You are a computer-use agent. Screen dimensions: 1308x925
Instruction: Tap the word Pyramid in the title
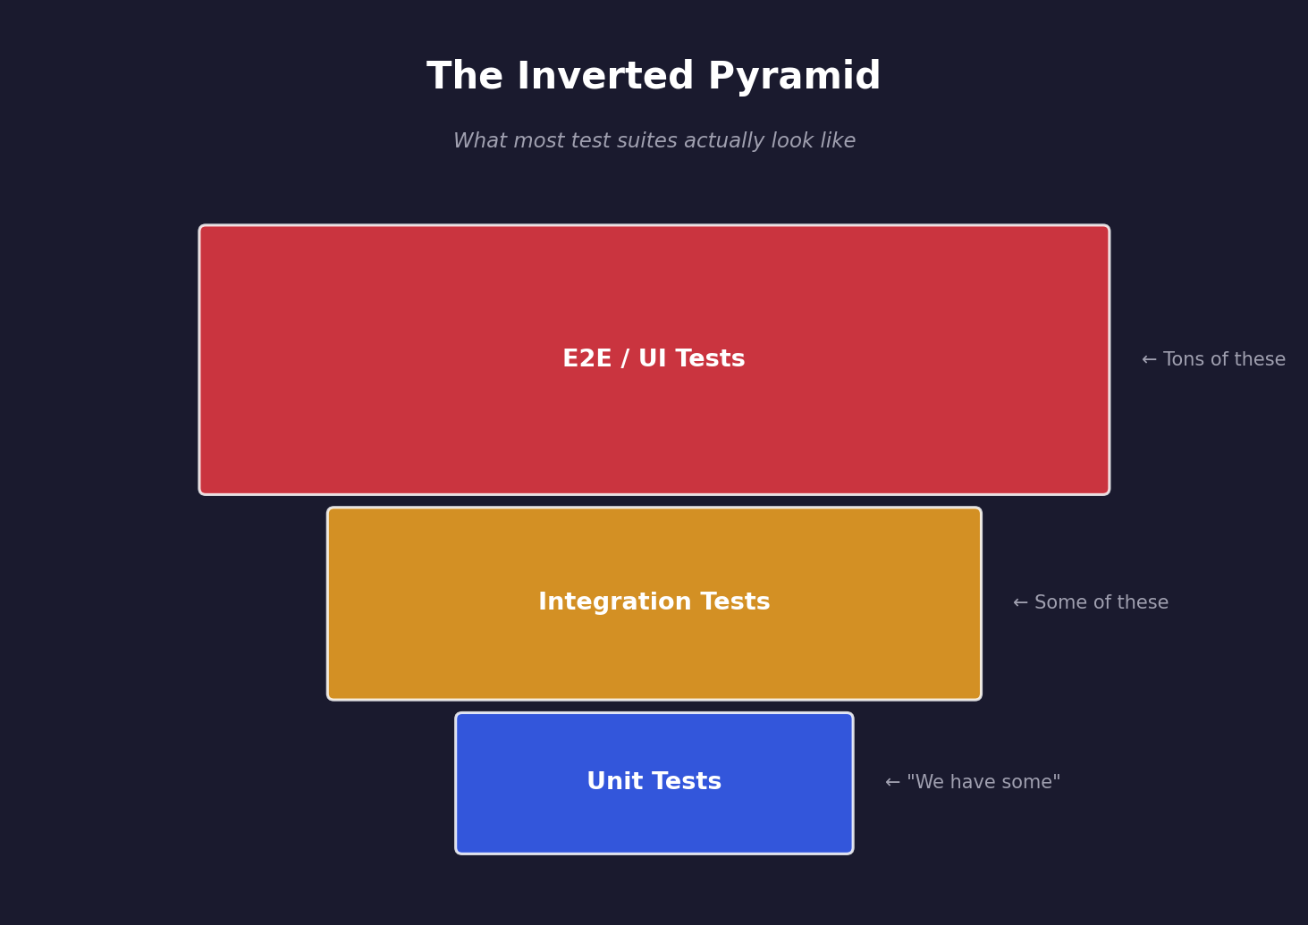[794, 77]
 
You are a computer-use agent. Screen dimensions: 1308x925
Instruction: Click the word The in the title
[465, 77]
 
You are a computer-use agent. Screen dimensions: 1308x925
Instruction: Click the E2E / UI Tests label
[654, 359]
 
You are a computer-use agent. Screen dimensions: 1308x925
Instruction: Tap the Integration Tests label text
[654, 602]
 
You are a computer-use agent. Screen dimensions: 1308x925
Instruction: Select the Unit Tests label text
[654, 782]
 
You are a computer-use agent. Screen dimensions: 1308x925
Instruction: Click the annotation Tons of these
[1224, 360]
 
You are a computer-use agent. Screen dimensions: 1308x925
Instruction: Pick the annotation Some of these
[1101, 603]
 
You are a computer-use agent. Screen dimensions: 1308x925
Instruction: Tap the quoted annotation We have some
[983, 783]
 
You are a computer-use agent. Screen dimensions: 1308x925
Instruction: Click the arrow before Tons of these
[1149, 360]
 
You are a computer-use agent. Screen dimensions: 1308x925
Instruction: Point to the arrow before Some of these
[1020, 603]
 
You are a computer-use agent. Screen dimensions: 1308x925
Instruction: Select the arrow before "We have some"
[892, 783]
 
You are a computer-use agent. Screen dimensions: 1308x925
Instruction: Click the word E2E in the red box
[586, 359]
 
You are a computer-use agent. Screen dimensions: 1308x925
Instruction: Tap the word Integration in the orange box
[603, 602]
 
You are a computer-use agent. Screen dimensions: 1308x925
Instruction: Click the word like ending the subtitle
[838, 141]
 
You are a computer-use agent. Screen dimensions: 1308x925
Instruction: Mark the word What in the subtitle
[478, 141]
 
